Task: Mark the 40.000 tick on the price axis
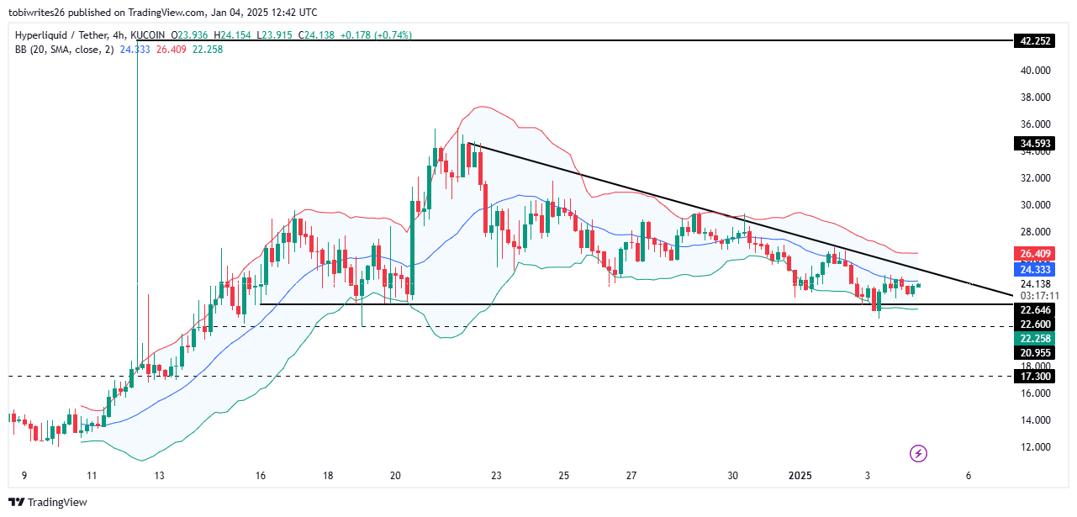click(x=1036, y=71)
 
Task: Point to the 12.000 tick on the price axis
click(x=1036, y=447)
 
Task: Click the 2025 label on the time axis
click(x=800, y=476)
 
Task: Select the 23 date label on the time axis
click(x=497, y=476)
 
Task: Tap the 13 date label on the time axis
click(x=159, y=476)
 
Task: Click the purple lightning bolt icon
click(x=919, y=454)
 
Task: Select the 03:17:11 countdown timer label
click(x=1036, y=296)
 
